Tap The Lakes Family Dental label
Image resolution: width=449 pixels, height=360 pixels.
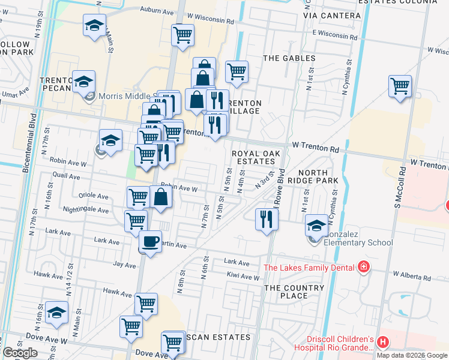[310, 266]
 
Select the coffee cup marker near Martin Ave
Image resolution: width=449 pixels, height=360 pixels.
[149, 242]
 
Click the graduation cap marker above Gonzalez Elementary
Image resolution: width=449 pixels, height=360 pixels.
[316, 226]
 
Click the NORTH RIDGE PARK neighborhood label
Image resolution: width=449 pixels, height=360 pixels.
[313, 176]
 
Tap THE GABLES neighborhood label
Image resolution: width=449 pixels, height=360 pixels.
[289, 58]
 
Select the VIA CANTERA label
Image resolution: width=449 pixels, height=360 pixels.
[332, 15]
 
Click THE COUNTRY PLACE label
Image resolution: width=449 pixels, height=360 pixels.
[295, 292]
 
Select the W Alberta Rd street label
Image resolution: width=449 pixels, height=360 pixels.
[411, 277]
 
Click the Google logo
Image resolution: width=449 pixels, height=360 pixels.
[20, 353]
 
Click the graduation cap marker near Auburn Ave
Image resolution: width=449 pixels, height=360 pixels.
[94, 25]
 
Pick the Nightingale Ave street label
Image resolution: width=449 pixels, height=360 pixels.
[86, 210]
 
